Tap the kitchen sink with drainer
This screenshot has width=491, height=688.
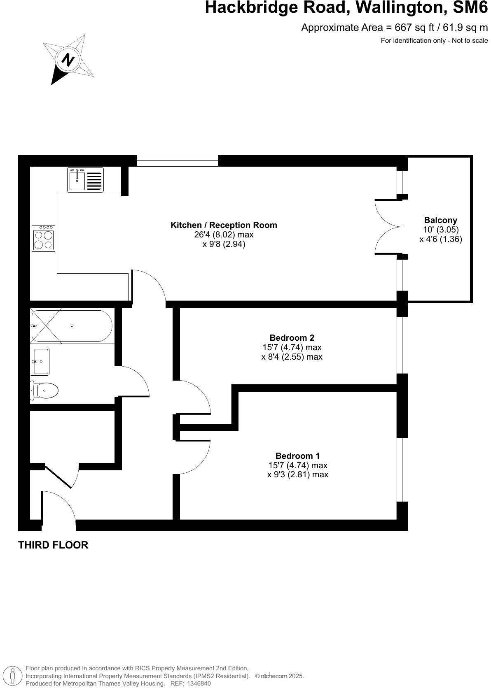(x=86, y=180)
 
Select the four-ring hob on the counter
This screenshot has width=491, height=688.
(x=44, y=239)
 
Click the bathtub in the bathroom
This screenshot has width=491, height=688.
(x=71, y=326)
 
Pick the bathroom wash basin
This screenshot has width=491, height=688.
(x=40, y=361)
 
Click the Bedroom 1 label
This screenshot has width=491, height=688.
(x=297, y=456)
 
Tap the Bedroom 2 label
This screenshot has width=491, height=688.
(x=292, y=338)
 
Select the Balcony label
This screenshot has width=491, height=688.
(x=440, y=220)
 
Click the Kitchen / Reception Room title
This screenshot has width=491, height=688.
(x=224, y=225)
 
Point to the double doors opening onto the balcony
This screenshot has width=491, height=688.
(x=388, y=227)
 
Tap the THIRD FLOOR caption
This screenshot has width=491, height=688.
(x=53, y=545)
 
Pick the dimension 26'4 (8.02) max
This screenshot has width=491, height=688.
(x=224, y=235)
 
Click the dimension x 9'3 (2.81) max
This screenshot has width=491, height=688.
(x=297, y=474)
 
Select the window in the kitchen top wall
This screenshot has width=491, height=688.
(x=177, y=161)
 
